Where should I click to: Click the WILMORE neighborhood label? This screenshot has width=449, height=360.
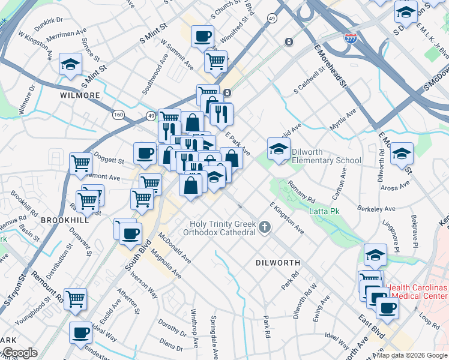(80, 95)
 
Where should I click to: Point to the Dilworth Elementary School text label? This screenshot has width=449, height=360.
(327, 156)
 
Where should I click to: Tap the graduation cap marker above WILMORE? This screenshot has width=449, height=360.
(70, 64)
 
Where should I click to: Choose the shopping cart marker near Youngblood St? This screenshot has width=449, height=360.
(75, 299)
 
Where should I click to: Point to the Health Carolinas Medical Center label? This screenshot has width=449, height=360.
(417, 292)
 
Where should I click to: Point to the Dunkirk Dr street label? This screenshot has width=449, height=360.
(49, 20)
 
